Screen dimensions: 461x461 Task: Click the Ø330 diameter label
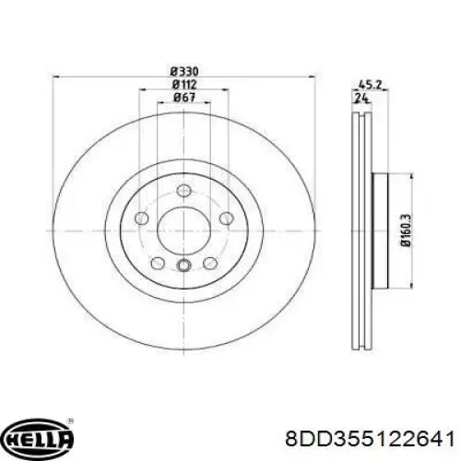(184, 72)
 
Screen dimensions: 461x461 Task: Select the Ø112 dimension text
(184, 84)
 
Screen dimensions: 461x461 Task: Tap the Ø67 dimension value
(184, 98)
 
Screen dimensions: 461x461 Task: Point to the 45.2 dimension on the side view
(370, 84)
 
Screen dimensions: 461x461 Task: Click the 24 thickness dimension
(361, 98)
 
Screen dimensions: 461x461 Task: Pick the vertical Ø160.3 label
(407, 230)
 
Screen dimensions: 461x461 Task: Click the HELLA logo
(40, 436)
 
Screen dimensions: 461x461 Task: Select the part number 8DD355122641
(370, 438)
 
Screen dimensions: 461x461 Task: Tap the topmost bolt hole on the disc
(183, 190)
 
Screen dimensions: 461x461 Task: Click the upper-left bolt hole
(142, 218)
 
